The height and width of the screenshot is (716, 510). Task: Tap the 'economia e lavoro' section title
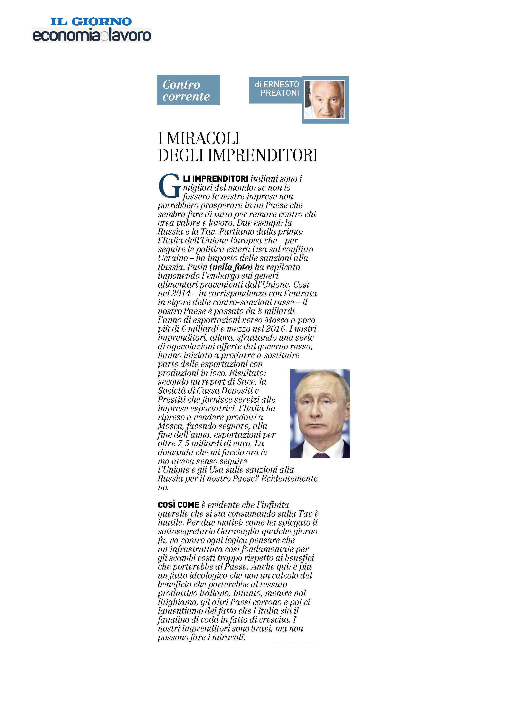[x=92, y=35]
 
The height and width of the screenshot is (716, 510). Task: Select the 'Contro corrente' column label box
[x=188, y=90]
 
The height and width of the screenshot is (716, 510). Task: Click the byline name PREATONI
[x=280, y=93]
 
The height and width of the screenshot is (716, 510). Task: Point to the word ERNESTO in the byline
[x=281, y=84]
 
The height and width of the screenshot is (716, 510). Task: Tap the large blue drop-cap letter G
[x=170, y=187]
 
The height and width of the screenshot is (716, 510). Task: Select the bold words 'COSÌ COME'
[x=178, y=505]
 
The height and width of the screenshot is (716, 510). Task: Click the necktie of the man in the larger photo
[x=321, y=455]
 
